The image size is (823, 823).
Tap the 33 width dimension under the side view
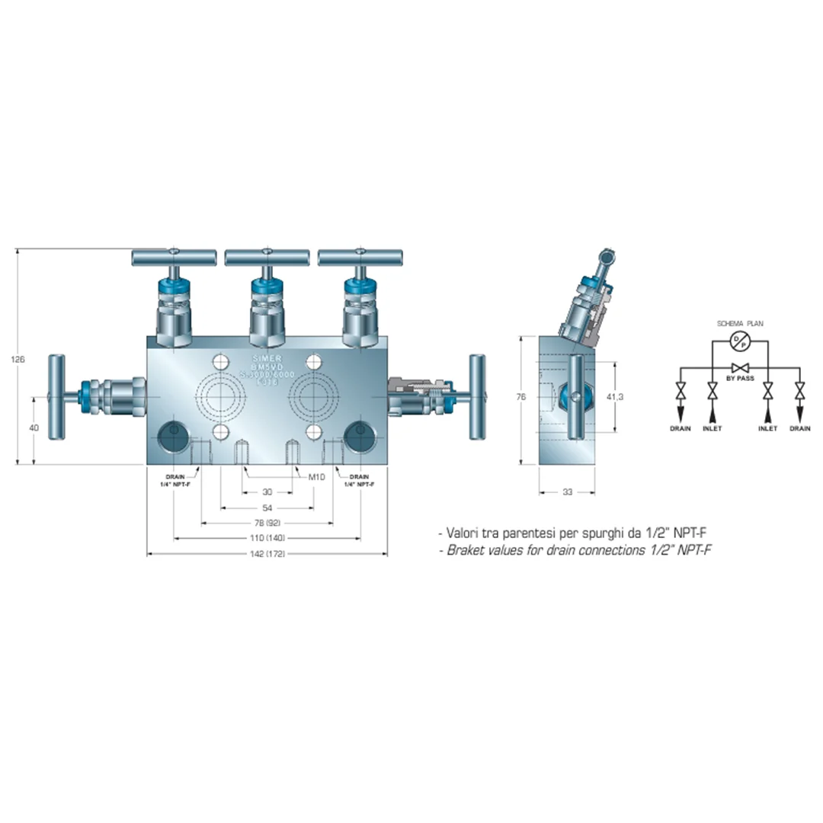coord(567,492)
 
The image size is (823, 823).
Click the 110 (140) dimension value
coord(266,538)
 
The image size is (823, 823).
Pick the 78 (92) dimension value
coord(267,523)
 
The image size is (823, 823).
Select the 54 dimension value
coord(267,507)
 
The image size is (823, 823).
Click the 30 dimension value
coord(267,492)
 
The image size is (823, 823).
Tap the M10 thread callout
coord(316,477)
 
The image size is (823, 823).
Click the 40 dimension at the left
coord(34,428)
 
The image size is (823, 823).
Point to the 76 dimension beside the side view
coord(521,396)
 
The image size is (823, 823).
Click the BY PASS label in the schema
coord(739,378)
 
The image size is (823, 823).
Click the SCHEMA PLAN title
coord(738,324)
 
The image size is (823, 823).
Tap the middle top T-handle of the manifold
coord(267,257)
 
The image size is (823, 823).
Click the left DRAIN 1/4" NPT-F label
coord(175,480)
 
